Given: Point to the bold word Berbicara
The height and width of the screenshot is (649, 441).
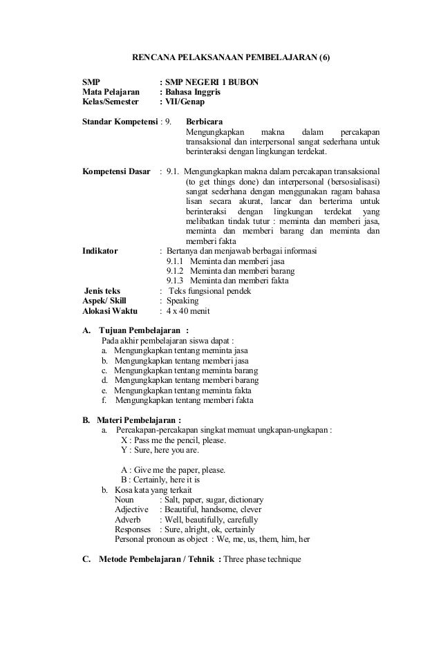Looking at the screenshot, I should [205, 122].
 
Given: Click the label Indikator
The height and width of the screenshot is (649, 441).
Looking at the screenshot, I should [100, 252].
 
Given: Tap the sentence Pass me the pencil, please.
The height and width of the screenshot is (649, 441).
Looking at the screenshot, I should [178, 440].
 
